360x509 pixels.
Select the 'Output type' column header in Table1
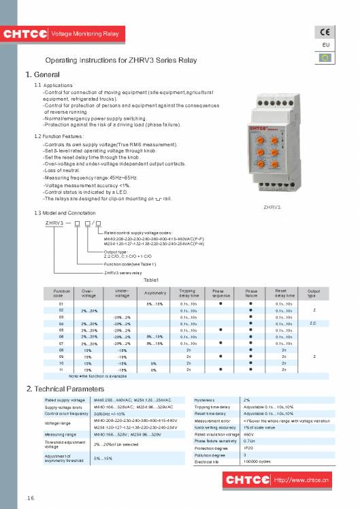313,293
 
